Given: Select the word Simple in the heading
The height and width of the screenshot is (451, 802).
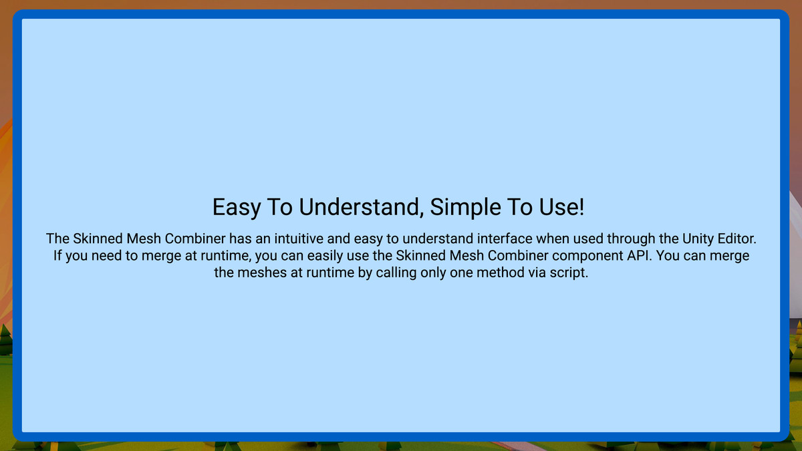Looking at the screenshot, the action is (465, 207).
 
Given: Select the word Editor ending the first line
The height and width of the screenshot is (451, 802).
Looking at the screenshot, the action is (737, 239).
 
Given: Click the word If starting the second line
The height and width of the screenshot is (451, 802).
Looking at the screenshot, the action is (57, 255).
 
